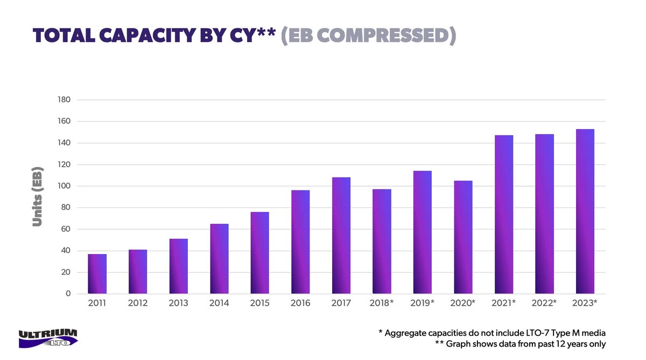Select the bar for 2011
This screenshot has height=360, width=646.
(x=97, y=274)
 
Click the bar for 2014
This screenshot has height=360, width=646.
(x=219, y=259)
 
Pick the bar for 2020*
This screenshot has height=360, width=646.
(x=463, y=237)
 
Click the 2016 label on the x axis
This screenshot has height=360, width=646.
(x=300, y=303)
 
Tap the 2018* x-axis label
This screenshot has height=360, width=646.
(x=382, y=303)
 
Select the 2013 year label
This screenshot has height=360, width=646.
(x=178, y=303)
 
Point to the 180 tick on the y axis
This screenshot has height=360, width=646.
(x=64, y=100)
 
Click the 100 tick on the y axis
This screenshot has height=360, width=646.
(x=64, y=186)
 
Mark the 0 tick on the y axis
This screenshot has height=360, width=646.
(x=68, y=294)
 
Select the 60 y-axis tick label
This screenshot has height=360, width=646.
(x=66, y=229)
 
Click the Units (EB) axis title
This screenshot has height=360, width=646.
(x=37, y=197)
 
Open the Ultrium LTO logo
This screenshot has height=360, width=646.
(x=48, y=337)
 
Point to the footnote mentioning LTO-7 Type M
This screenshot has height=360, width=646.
(x=492, y=334)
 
